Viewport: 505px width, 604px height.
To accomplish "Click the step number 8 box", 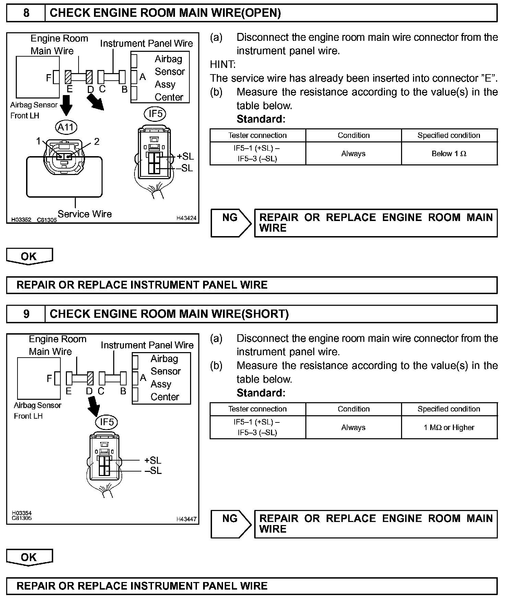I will (26, 13).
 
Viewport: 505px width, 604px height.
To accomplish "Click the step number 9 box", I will (26, 314).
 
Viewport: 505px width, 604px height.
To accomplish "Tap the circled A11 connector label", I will (66, 127).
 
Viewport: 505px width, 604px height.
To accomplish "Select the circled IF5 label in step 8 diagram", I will (155, 114).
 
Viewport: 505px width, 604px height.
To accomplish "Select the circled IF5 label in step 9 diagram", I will (106, 422).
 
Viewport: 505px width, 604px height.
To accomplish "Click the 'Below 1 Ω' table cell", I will (449, 154).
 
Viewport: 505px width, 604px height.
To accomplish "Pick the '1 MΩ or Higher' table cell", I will (449, 428).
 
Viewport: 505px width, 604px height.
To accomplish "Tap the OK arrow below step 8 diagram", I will (29, 256).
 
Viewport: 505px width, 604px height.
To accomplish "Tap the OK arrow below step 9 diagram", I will (29, 557).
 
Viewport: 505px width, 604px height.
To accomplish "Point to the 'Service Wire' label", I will (85, 214).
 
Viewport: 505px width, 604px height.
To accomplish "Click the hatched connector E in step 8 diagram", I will (68, 77).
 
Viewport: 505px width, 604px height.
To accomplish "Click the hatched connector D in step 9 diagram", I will (90, 379).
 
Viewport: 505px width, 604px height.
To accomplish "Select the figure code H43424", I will (186, 218).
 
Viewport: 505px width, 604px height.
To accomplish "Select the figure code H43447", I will (186, 519).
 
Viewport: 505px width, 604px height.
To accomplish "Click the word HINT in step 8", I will (223, 65).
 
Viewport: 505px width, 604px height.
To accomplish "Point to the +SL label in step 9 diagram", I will (153, 460).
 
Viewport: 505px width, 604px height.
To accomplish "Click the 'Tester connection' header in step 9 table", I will (257, 409).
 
